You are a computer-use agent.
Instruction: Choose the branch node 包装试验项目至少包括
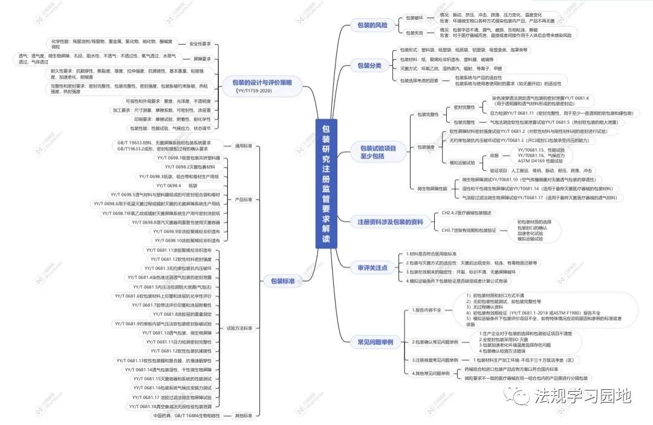coord(378,152)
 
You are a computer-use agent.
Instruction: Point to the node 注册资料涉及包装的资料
coord(391,222)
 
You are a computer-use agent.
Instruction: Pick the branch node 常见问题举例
coord(375,342)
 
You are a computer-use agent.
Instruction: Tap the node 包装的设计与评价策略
coord(262,83)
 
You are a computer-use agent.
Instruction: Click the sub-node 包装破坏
coord(414,18)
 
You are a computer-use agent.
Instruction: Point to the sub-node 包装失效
coord(414,33)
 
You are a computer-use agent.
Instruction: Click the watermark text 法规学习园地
coord(582,396)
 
